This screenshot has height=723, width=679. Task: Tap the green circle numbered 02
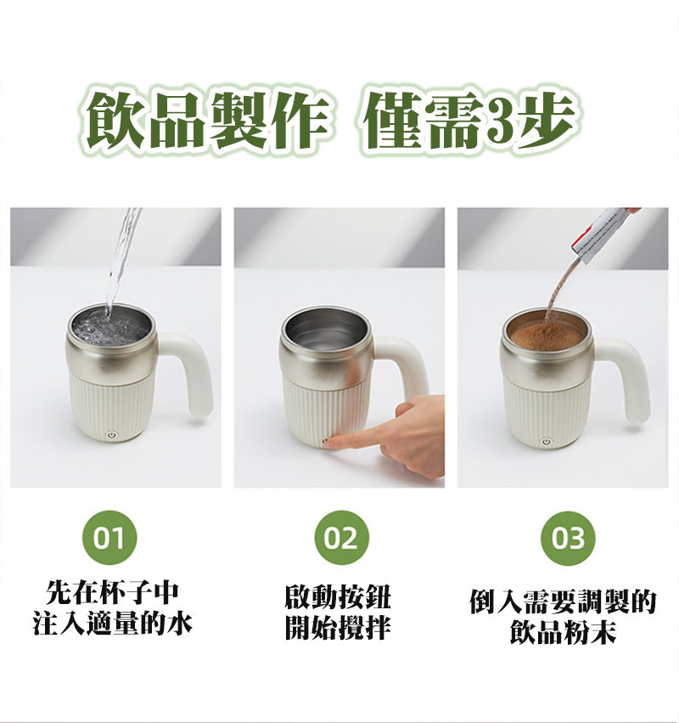click(x=342, y=538)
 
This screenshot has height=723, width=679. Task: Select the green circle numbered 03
click(x=568, y=538)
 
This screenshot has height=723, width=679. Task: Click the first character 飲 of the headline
click(x=115, y=121)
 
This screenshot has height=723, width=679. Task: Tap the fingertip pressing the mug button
click(x=337, y=441)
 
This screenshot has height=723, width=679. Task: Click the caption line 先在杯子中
click(x=112, y=593)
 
